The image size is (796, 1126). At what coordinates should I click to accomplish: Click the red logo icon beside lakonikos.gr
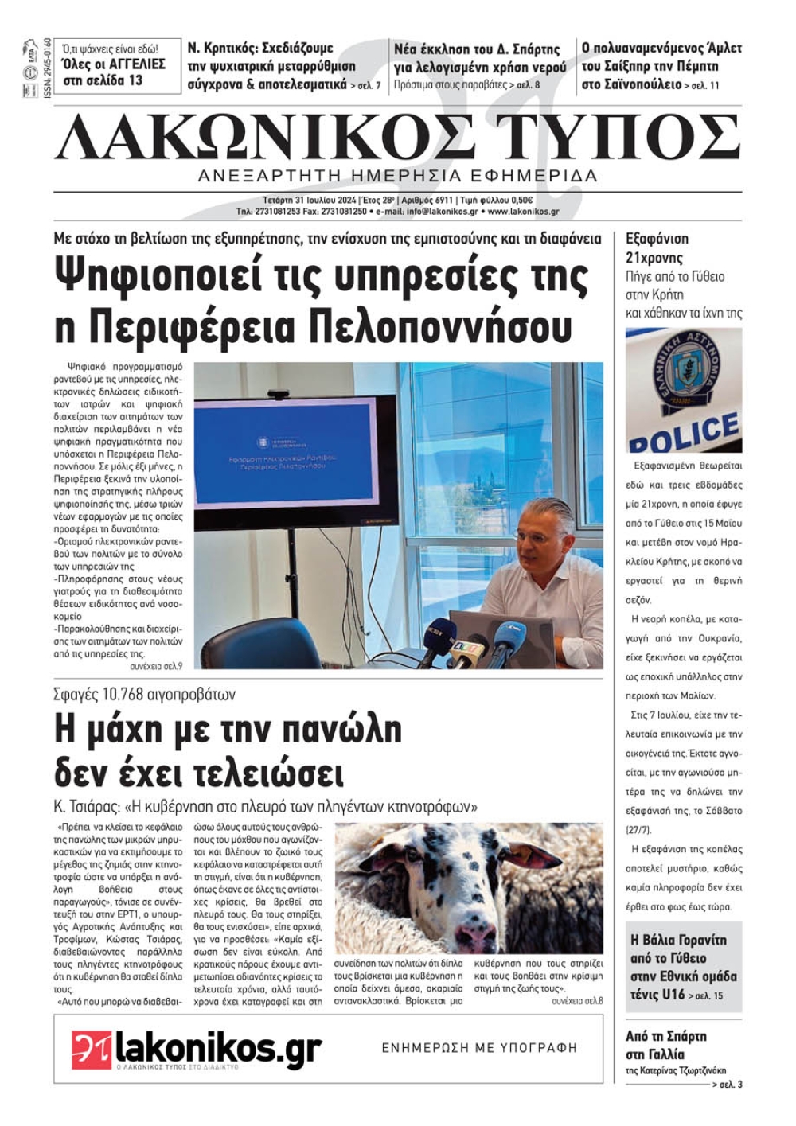point(91,1048)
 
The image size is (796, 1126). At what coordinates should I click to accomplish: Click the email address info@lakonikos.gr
point(443,212)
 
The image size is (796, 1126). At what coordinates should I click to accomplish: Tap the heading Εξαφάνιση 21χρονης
point(657,247)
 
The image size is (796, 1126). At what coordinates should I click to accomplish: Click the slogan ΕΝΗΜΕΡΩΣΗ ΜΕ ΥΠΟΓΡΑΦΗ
point(479,1048)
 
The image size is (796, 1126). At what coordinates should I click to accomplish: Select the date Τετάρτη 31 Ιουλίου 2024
point(310,201)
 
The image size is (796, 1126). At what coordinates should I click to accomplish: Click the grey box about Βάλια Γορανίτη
point(683,967)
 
